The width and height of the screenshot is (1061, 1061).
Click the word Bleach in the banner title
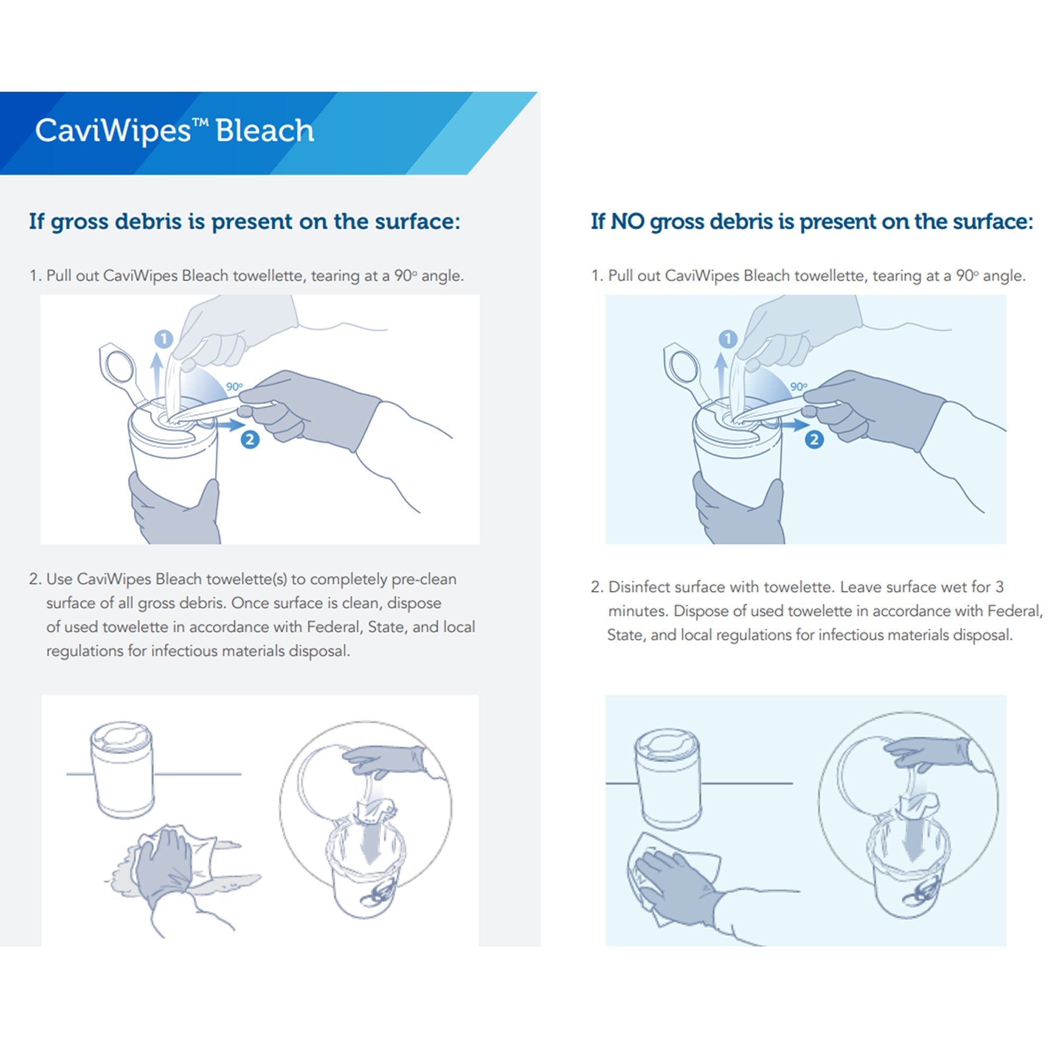265,131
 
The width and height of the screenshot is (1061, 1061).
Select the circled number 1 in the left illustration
163,339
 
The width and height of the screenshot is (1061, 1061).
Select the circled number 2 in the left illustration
250,439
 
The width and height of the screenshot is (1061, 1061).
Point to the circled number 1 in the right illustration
728,339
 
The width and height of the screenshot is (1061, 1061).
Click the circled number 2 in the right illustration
814,439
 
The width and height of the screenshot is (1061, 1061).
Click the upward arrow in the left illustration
157,373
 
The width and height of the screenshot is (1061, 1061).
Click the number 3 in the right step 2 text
999,587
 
